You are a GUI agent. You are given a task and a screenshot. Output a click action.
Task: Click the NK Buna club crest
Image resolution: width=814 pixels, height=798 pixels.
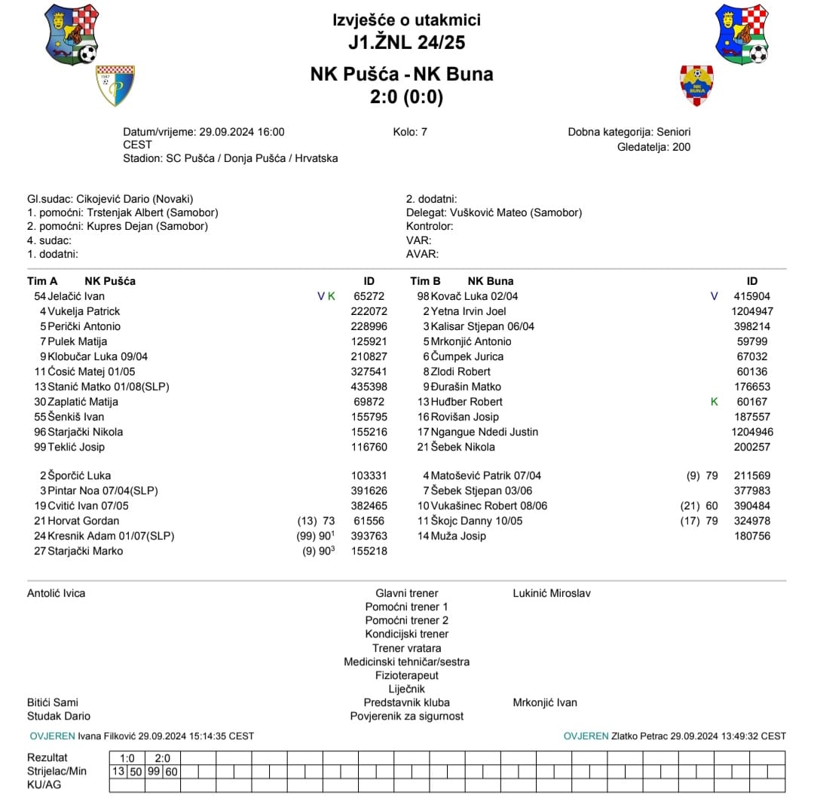click(696, 84)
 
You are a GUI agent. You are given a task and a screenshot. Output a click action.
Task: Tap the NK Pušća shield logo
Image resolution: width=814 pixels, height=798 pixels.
click(115, 84)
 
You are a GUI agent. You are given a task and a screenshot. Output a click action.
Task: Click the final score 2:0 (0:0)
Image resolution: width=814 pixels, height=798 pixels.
click(406, 97)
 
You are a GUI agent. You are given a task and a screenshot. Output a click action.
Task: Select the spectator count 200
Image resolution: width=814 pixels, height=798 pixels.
click(681, 147)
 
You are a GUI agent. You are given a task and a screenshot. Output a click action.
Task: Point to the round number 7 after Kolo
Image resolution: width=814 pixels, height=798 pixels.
click(424, 132)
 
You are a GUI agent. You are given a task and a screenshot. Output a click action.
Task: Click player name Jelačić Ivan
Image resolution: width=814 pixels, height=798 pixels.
click(75, 296)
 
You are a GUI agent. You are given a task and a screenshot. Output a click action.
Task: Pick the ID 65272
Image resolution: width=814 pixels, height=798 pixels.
click(369, 296)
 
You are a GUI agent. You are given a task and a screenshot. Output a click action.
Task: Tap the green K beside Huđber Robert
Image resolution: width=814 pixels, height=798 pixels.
click(715, 402)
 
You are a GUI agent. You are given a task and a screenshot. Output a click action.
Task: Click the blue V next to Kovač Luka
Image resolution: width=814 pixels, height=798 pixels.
click(715, 296)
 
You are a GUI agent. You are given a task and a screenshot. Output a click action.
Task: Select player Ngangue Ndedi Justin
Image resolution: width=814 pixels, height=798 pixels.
click(484, 432)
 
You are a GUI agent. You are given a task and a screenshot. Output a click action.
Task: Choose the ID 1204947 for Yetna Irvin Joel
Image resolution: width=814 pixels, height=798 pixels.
click(751, 311)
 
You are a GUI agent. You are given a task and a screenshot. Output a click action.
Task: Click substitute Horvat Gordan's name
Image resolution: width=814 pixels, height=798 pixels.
click(83, 521)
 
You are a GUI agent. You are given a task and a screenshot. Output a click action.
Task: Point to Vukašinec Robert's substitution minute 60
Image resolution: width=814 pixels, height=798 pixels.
click(711, 506)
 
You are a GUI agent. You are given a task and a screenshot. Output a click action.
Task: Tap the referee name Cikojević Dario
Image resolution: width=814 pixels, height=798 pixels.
click(113, 199)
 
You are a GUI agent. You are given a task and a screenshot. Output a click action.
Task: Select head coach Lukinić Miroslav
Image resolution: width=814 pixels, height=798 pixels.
click(551, 593)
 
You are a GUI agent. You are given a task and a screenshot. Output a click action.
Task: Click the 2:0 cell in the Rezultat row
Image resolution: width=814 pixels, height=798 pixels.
click(163, 757)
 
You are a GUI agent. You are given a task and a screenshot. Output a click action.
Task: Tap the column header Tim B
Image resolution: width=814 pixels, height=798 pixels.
click(425, 281)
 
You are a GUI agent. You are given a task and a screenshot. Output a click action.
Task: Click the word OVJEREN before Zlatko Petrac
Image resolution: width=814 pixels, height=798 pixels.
click(586, 736)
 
